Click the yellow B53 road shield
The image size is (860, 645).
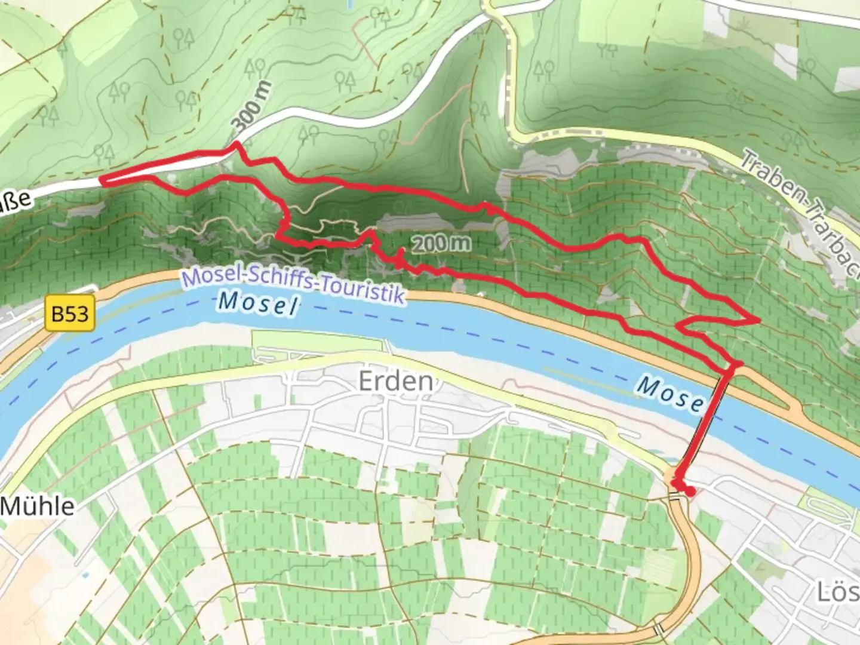pos(70,314)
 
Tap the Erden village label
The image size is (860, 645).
pos(395,381)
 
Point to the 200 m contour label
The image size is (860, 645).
pos(441,243)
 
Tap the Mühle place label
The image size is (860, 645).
pos(38,506)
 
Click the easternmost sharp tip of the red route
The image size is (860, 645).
pos(758,321)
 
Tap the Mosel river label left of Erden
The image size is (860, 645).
pos(258,303)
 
